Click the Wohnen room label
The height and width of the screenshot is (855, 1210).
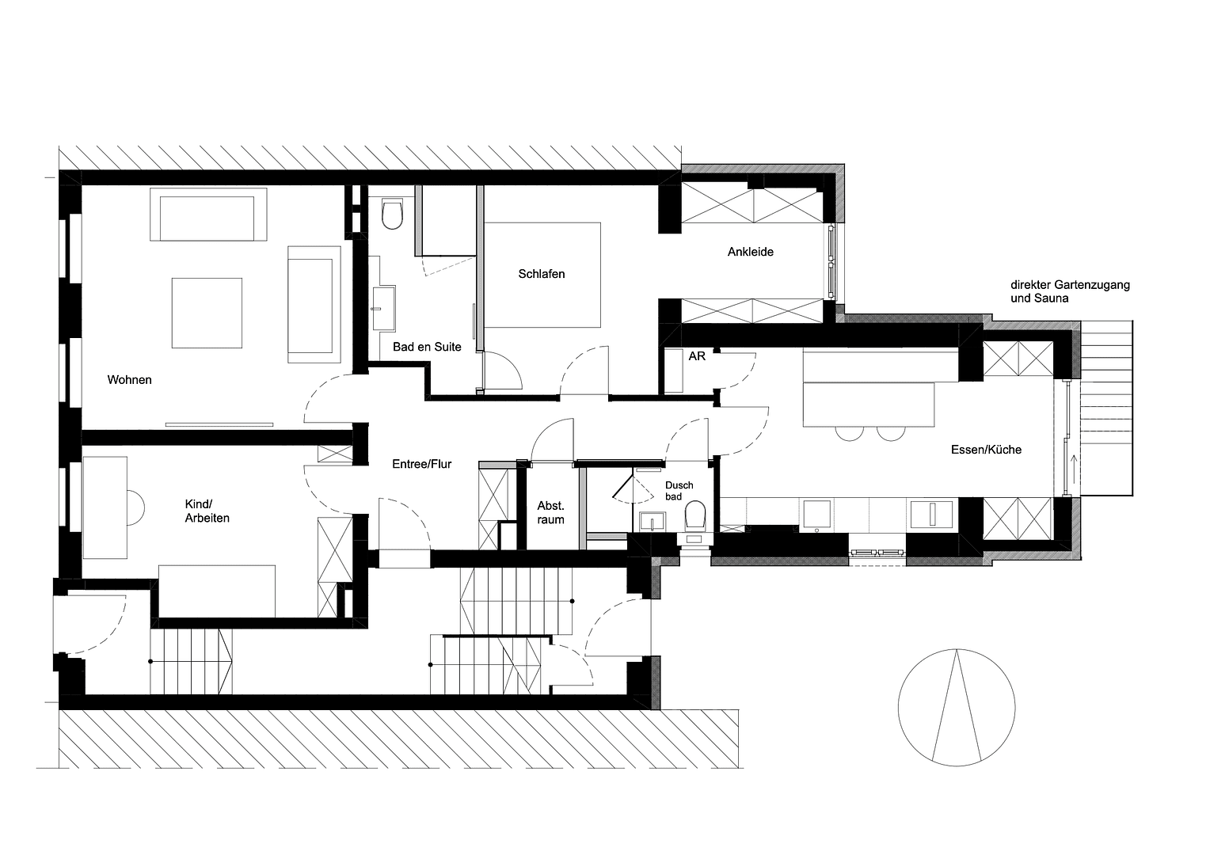[x=130, y=380]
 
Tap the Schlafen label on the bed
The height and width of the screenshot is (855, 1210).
[x=542, y=274]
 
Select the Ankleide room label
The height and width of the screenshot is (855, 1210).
[x=751, y=252]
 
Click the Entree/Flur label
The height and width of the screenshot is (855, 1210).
[x=422, y=464]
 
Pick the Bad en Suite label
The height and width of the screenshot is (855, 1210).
[x=427, y=347]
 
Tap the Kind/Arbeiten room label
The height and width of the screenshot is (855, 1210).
[x=207, y=511]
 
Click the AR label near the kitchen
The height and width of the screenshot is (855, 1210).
[x=697, y=357]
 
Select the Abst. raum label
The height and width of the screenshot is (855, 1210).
[x=550, y=513]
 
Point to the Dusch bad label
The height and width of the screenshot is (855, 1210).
[x=679, y=491]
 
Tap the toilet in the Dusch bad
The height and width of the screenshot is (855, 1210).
[x=695, y=516]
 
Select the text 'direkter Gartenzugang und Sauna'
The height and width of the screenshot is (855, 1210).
[x=1069, y=291]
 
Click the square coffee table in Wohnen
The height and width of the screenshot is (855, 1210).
[x=207, y=312]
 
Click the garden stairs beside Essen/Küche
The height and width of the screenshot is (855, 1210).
[x=1108, y=408]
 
